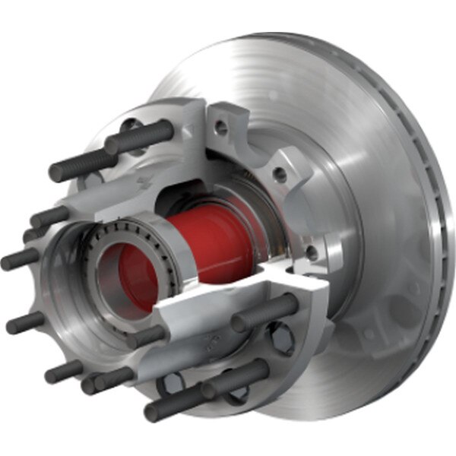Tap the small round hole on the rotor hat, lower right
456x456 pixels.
[x=369, y=334]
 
